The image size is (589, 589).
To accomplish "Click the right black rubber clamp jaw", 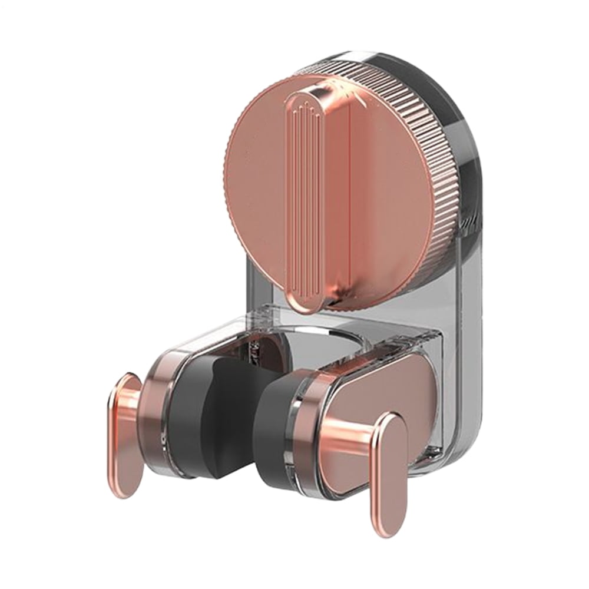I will pyautogui.click(x=277, y=430).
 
